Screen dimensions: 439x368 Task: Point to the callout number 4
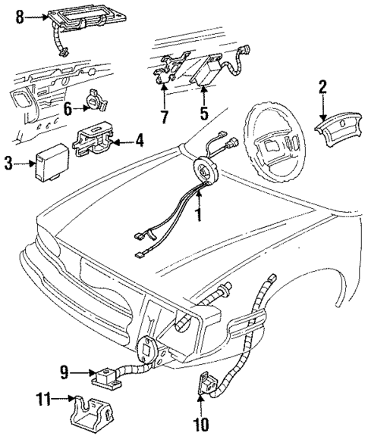coord(140,139)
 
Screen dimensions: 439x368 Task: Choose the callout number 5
coord(203,116)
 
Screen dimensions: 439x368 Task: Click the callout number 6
coord(67,110)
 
